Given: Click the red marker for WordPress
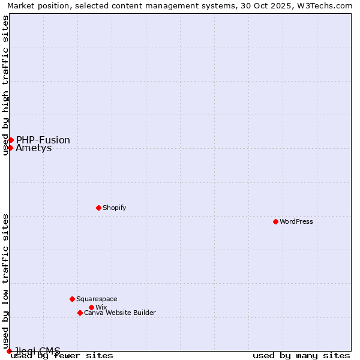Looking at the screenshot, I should coord(275,221).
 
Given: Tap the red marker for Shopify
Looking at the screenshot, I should coord(98,208).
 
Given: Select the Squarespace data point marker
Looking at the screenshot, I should coord(72,299).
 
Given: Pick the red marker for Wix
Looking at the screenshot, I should coord(91,307).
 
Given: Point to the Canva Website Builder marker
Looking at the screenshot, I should coord(80,313).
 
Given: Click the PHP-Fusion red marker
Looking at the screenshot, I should coord(11,140).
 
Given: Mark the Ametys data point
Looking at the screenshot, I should coord(10,148).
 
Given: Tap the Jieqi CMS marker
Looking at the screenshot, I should coord(9,351).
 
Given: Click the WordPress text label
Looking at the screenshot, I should coord(296,221).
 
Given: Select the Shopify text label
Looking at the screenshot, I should coord(114,208).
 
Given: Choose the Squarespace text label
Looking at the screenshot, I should coord(97,299).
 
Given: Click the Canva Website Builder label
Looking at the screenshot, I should coord(120,313).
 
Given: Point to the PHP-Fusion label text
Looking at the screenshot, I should coord(43,140).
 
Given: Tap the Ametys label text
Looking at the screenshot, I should coord(34,148).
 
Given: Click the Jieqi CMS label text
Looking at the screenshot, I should coord(38,350).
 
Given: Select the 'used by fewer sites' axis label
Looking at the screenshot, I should coord(62,356).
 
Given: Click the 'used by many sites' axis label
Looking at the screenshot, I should coord(301,356).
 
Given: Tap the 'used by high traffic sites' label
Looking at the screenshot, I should coord(5,85).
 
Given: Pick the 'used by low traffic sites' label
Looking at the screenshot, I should coord(5,281).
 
